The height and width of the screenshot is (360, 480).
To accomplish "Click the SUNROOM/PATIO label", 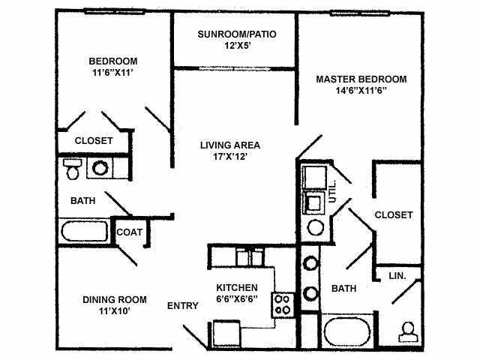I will [x=235, y=34].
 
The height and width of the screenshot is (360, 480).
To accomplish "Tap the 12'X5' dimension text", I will [x=235, y=46].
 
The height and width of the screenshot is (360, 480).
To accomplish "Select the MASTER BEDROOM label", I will [x=361, y=79].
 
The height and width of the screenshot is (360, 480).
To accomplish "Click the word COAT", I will [x=128, y=232].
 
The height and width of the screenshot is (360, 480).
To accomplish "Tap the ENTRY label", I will [x=182, y=305].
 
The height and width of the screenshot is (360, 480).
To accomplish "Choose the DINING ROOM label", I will [x=114, y=299].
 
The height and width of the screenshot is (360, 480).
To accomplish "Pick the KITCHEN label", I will [x=237, y=287].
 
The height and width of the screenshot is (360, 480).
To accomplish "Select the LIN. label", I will [x=397, y=276].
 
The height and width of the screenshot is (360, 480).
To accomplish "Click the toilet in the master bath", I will [x=408, y=331].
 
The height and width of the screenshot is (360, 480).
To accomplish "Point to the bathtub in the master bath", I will [x=348, y=331].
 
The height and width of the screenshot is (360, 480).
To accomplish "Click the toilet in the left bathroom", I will [x=73, y=169].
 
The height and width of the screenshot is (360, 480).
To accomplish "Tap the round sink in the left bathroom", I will [x=100, y=169].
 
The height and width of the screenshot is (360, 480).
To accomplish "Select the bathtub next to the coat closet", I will [x=82, y=231].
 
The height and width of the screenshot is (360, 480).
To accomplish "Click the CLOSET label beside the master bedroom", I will [x=394, y=214].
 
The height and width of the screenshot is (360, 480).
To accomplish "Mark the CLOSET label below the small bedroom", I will [x=94, y=140].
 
